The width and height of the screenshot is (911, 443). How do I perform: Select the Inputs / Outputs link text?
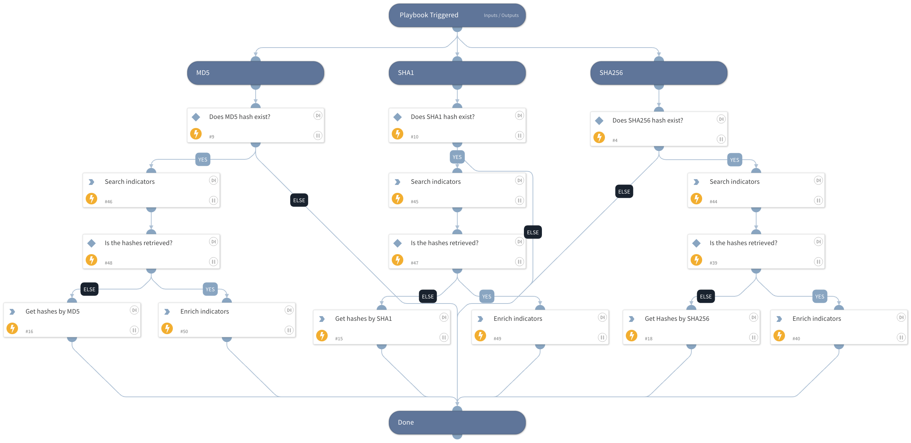pyautogui.click(x=501, y=15)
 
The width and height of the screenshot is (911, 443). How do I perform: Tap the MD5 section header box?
pyautogui.click(x=255, y=73)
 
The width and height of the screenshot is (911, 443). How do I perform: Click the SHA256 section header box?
pyautogui.click(x=659, y=73)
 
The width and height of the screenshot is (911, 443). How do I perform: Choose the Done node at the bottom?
pyautogui.click(x=457, y=422)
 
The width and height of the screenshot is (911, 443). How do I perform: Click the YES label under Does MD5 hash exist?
pyautogui.click(x=203, y=159)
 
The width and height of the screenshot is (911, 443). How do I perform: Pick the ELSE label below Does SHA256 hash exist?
pyautogui.click(x=624, y=191)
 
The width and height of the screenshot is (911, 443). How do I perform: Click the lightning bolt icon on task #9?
pyautogui.click(x=196, y=134)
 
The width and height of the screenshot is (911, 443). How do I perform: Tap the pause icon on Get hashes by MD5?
pyautogui.click(x=134, y=330)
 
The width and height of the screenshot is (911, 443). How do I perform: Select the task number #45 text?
pyautogui.click(x=414, y=201)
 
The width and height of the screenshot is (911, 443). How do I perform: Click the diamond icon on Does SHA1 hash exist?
pyautogui.click(x=398, y=117)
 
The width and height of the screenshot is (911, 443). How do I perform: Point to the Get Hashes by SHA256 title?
pyautogui.click(x=677, y=319)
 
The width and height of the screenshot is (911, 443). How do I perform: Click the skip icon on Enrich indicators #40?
pyautogui.click(x=901, y=317)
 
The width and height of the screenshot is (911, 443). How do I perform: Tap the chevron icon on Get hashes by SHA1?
pyautogui.click(x=322, y=319)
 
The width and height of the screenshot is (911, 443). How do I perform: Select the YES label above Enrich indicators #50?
pyautogui.click(x=210, y=289)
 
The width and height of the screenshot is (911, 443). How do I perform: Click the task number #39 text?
pyautogui.click(x=713, y=263)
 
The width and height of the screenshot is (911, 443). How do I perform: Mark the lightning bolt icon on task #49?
pyautogui.click(x=480, y=336)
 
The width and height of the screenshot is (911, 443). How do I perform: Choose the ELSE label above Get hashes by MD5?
pyautogui.click(x=89, y=289)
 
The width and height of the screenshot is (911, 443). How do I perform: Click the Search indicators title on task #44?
pyautogui.click(x=734, y=182)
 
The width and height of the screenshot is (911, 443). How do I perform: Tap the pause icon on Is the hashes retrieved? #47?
pyautogui.click(x=519, y=262)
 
